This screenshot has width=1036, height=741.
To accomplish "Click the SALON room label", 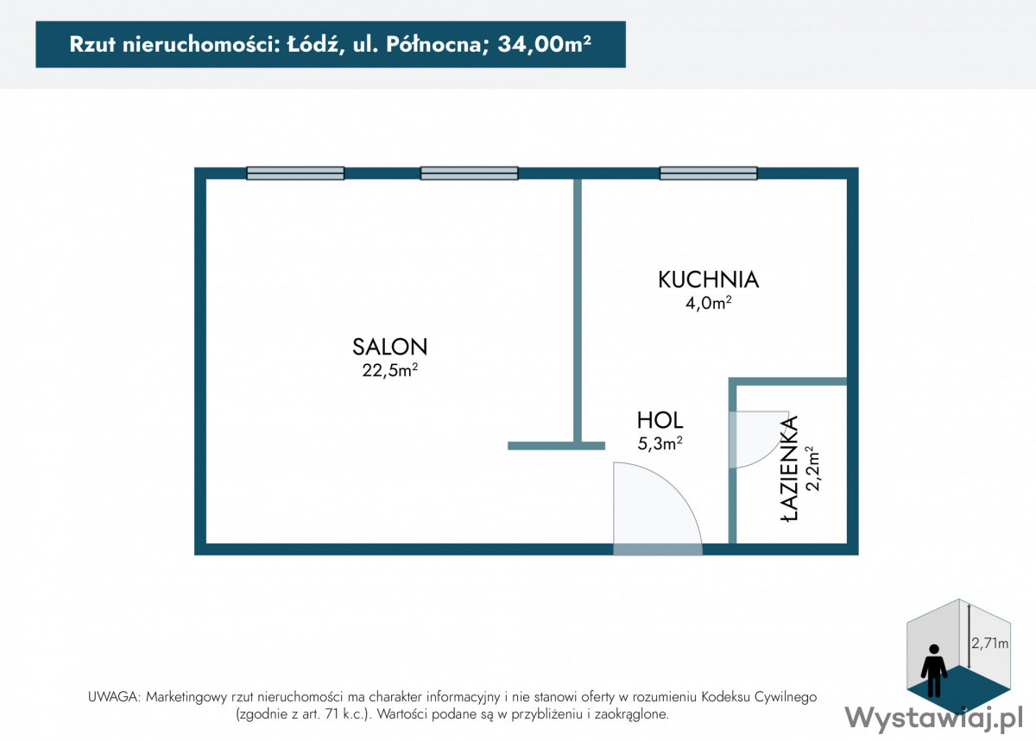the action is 390,347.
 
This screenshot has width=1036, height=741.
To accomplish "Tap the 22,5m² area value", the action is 390,370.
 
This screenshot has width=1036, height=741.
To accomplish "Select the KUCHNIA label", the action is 709,279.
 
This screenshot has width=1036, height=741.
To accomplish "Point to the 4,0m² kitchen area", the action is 709,304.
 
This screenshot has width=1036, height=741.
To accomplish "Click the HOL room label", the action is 660,420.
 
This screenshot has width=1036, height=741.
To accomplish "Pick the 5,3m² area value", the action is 660,443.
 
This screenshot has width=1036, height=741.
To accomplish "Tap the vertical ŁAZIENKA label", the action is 789,468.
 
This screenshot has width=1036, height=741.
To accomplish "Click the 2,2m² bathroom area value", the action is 812,468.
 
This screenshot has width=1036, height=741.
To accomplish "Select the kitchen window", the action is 708,173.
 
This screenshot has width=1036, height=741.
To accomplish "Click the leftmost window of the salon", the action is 295,173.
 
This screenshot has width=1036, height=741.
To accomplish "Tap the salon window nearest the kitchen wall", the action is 469,173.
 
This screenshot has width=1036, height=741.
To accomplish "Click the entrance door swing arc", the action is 676,489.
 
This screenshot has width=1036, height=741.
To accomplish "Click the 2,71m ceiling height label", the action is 989,643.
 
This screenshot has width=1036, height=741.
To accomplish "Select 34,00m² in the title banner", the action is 545,44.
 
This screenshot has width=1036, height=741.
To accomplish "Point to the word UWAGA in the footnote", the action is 113,697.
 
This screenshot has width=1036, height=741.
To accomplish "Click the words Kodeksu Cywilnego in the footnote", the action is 759,697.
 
